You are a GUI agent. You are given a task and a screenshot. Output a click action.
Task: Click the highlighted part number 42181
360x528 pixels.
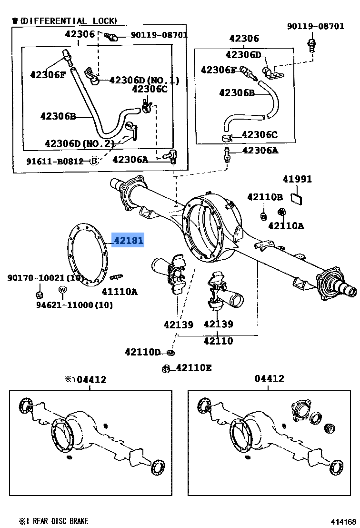[129, 240]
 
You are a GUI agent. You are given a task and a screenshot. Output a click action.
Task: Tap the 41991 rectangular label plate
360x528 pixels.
[296, 199]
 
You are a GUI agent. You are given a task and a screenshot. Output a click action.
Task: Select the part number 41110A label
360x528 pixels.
[120, 291]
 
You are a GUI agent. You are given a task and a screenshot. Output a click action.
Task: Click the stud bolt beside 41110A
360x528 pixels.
[116, 277]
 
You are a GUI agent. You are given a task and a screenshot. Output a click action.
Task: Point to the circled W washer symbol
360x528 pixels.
[62, 289]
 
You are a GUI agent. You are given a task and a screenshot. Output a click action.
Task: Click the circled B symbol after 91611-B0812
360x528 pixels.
[94, 161]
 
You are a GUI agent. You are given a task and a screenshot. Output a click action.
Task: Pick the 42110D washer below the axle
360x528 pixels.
[170, 352]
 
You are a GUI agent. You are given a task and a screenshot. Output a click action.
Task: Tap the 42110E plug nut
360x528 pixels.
[165, 369]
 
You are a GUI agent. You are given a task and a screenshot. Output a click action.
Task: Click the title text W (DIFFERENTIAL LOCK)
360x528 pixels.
[65, 21]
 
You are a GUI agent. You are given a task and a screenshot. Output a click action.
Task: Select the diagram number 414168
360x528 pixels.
[343, 522]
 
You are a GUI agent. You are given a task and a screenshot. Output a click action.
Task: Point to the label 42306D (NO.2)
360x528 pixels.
[80, 143]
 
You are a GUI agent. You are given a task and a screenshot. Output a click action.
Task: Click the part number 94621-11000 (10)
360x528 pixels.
[74, 305]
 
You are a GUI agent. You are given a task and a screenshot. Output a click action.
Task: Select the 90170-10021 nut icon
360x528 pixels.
[40, 295]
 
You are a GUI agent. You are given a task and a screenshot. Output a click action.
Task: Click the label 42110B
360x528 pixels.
[265, 197]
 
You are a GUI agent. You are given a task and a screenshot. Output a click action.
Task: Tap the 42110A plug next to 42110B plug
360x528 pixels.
[282, 213]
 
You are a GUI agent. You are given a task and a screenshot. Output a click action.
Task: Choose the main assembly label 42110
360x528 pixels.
[218, 341]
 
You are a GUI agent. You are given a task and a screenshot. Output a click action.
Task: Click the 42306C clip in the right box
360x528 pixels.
[228, 137]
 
